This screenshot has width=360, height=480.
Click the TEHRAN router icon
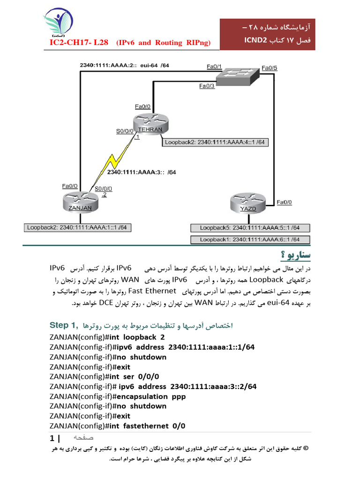[x=149, y=123]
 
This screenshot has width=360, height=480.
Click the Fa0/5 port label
[x=270, y=68]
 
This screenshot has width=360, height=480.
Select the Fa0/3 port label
[x=207, y=86]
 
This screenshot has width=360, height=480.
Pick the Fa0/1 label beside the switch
[x=214, y=67]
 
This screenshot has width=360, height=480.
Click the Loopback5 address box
[x=250, y=228]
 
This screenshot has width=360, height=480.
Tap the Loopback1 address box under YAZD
[x=250, y=240]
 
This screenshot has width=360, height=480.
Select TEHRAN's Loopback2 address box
[x=216, y=142]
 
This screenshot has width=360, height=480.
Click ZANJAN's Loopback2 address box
[x=77, y=228]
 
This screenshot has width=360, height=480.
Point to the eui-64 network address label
[x=124, y=65]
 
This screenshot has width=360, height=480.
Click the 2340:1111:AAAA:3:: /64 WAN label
[x=142, y=172]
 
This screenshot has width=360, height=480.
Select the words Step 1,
[x=65, y=325]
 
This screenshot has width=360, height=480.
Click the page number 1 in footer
[x=52, y=439]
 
